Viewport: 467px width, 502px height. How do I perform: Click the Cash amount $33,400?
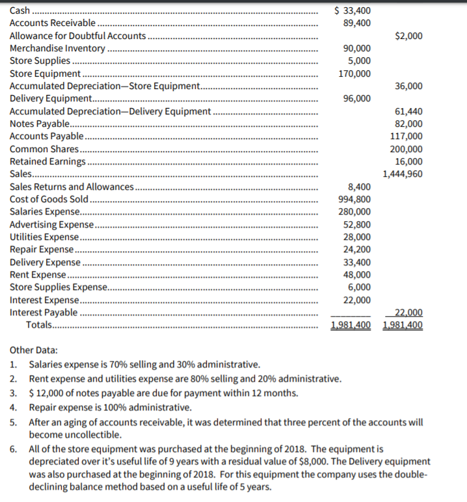click(352, 10)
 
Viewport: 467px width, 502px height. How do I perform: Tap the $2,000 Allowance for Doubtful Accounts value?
click(408, 36)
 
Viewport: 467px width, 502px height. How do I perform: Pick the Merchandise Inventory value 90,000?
click(355, 49)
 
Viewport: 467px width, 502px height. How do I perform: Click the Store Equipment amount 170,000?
click(353, 73)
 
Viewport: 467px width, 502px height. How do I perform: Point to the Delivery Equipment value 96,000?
click(355, 98)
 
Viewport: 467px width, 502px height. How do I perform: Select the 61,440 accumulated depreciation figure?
click(408, 111)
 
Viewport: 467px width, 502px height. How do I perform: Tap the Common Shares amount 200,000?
click(406, 149)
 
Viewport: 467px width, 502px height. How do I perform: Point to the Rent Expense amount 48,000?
click(355, 274)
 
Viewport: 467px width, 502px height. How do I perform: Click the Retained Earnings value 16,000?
click(408, 161)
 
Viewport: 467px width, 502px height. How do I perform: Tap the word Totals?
click(40, 324)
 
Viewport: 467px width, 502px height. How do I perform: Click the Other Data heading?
click(33, 350)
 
